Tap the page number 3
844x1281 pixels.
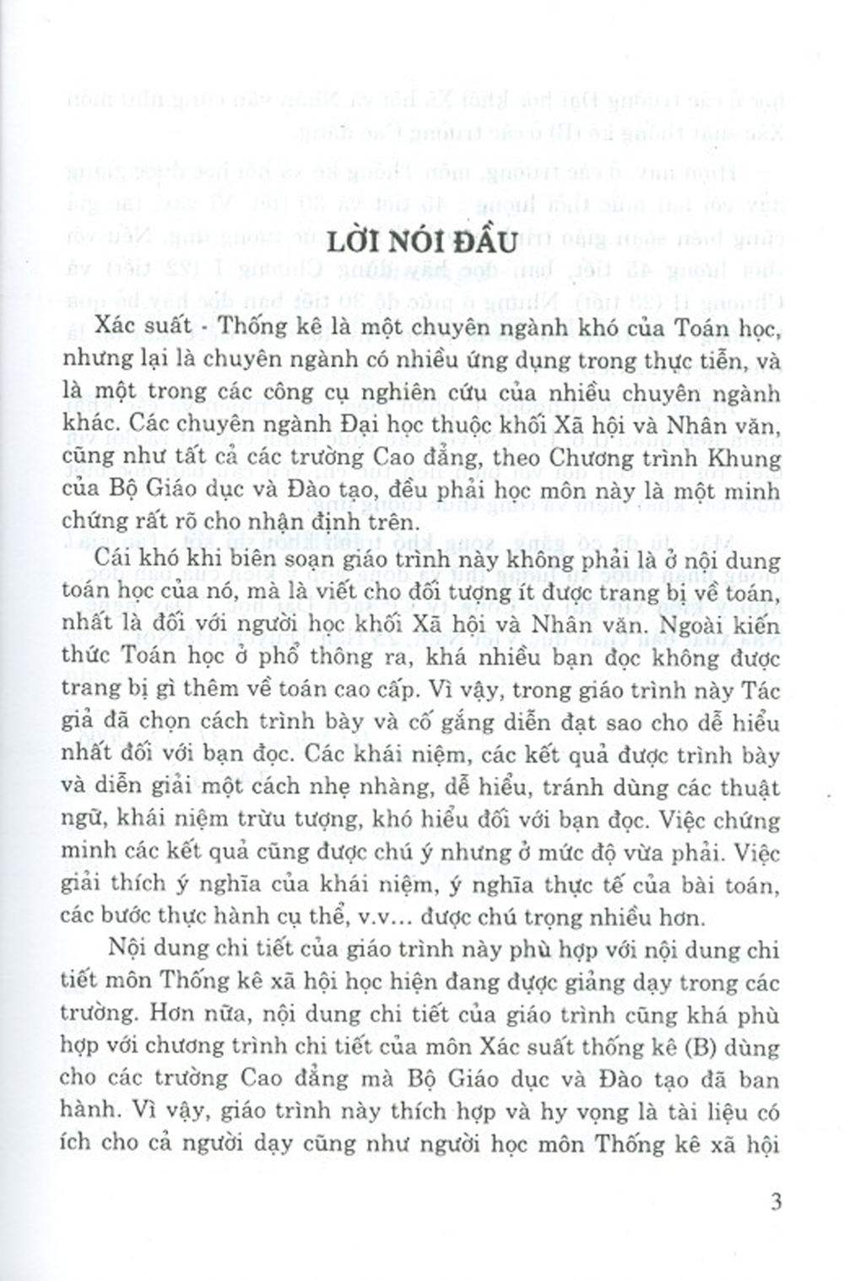(776, 1202)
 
